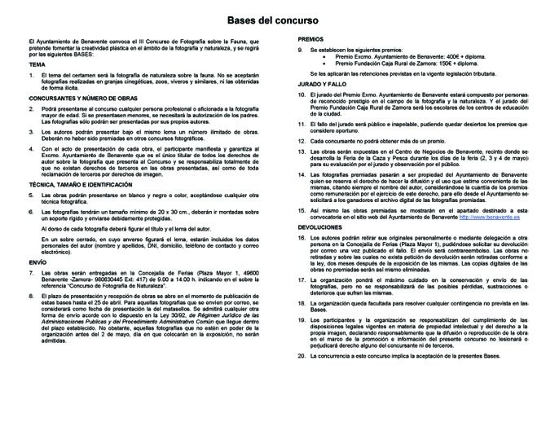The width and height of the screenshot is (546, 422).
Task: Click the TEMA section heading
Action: coord(35,64)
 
